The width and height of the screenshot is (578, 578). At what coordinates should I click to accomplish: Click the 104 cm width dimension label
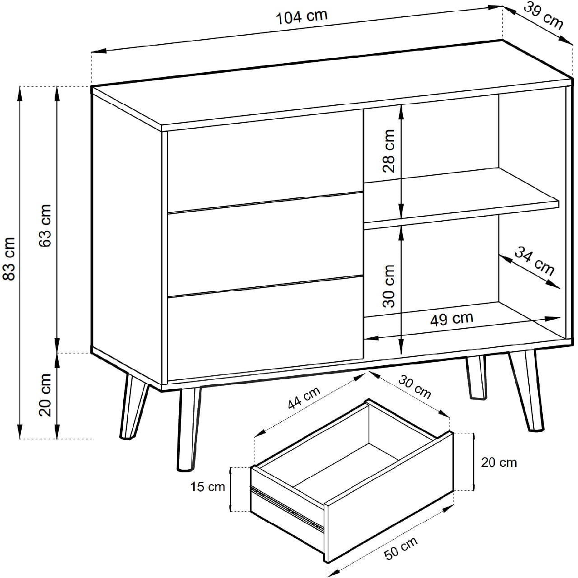302,18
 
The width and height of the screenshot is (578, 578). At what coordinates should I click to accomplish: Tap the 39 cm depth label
544,17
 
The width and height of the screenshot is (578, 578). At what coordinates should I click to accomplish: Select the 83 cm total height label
9,259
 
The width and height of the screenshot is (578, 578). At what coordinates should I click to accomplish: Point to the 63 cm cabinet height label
45,226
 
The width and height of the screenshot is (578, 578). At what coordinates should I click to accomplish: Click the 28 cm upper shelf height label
389,151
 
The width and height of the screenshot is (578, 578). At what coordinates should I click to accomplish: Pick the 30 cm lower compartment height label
389,286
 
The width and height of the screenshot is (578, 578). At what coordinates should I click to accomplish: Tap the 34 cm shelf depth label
535,261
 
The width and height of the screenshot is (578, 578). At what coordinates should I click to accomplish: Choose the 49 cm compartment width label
452,319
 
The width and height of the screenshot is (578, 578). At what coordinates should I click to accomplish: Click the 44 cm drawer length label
304,398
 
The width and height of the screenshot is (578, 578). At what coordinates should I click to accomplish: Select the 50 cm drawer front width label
401,548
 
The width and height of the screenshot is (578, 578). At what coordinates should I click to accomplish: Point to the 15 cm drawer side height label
208,487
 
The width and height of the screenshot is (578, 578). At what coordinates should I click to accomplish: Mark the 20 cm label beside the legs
45,395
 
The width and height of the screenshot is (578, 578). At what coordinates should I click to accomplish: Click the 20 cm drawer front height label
499,462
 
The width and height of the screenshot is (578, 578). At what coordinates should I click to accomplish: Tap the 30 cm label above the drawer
415,387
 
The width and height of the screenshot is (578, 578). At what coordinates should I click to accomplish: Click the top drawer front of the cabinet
265,161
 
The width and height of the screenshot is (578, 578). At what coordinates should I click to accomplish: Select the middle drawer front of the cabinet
265,244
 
